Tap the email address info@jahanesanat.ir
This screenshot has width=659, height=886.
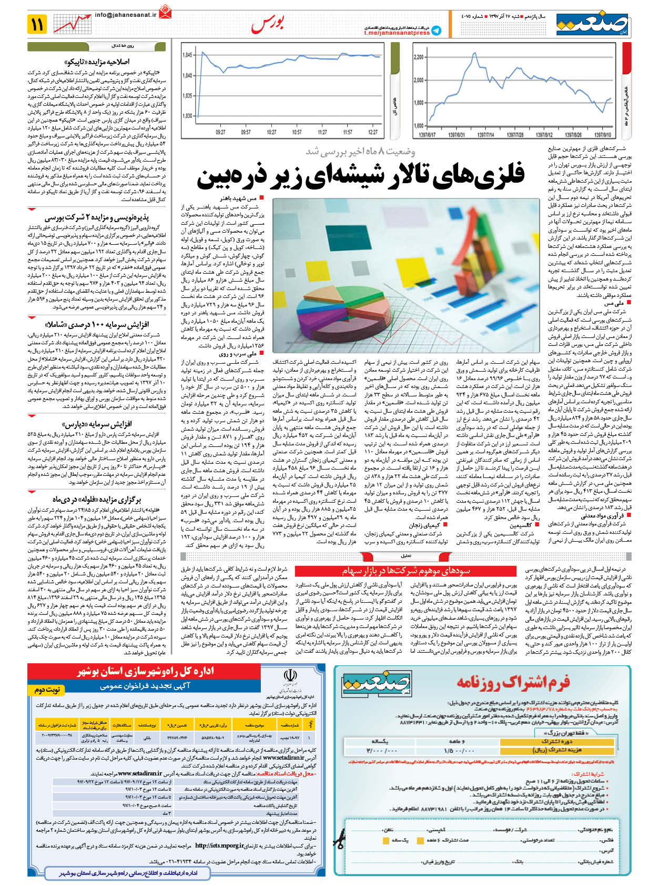click(126, 15)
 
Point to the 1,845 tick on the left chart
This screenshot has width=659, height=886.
click(187, 55)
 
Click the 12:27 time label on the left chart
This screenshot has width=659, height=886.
click(373, 132)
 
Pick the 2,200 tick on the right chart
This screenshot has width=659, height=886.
click(419, 57)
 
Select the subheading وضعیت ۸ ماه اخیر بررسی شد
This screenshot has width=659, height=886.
click(360, 152)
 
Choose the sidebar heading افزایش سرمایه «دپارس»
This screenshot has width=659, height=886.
click(97, 424)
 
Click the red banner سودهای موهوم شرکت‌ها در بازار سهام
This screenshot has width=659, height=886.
click(407, 571)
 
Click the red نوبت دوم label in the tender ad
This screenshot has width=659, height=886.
click(47, 689)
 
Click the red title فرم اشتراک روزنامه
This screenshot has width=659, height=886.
click(513, 683)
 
